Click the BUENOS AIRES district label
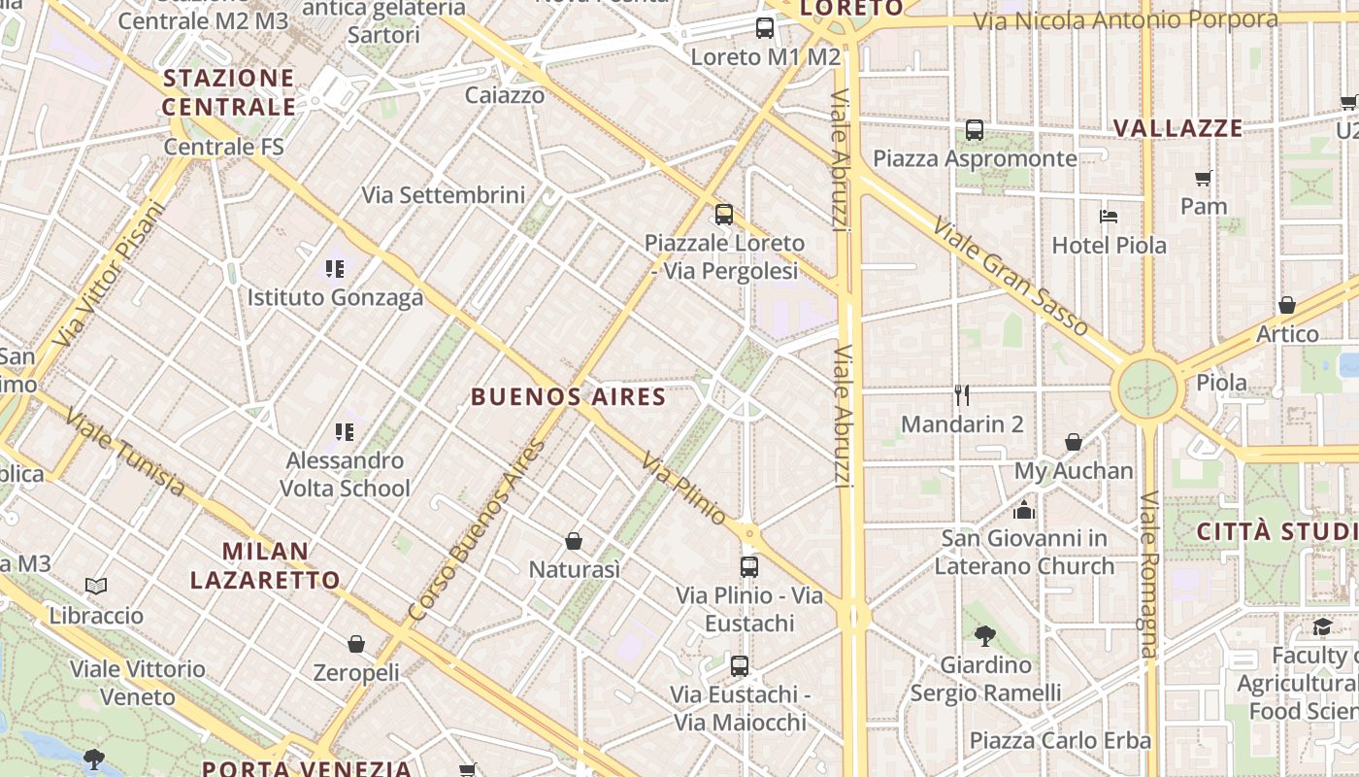pos(568,396)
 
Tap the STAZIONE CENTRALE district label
pos(229,92)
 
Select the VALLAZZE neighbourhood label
pos(1177,128)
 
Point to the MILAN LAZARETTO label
pos(265,565)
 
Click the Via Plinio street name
pos(683,490)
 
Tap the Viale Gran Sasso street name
pos(1010,278)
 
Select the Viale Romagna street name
pos(1150,573)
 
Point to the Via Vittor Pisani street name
pos(111,273)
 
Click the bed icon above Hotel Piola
pos(1109,216)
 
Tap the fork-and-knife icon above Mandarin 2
pos(962,394)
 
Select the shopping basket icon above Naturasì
pos(574,540)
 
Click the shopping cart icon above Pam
pos(1204,178)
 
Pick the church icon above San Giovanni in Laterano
pos(1023,509)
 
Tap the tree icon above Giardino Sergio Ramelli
pos(985,636)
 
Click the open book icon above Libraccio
pos(95,586)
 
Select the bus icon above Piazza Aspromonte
pos(975,129)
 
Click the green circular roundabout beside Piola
pos(1147,388)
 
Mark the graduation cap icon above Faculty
pos(1322,626)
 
